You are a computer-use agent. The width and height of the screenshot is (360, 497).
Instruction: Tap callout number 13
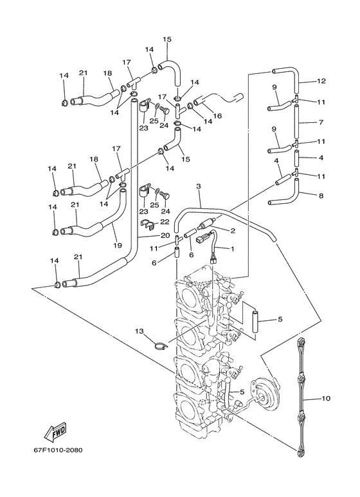click(x=139, y=330)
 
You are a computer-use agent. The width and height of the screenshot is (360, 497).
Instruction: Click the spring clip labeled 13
click(x=161, y=345)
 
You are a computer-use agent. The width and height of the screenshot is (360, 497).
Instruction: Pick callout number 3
click(x=199, y=186)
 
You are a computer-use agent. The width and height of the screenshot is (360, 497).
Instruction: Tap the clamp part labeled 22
click(x=147, y=224)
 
